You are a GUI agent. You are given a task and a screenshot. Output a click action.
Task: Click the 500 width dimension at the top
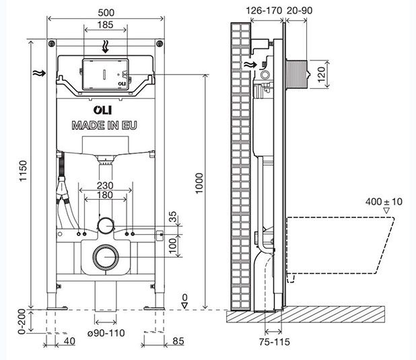104,12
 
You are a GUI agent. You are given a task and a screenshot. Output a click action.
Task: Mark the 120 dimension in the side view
321,72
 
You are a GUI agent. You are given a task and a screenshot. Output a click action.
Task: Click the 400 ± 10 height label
384,201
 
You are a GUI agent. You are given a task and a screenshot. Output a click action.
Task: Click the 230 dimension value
104,186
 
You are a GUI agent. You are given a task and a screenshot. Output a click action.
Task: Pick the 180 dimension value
104,196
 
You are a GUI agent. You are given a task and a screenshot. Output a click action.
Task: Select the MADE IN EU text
104,125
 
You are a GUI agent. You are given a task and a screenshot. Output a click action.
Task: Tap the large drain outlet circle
104,256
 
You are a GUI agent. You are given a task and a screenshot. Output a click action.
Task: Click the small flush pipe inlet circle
104,224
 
